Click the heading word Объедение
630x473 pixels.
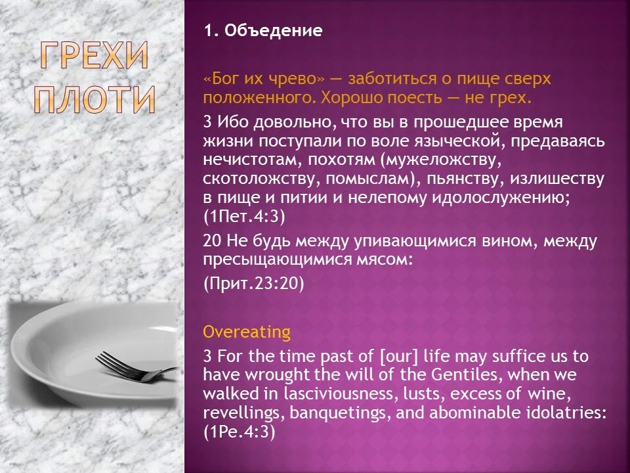(x=274, y=31)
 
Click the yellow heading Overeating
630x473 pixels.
(x=247, y=332)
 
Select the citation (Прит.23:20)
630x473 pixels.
(x=254, y=283)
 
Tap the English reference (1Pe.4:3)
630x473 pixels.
(x=239, y=432)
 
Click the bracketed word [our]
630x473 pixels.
(x=391, y=357)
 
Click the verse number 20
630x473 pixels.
(x=211, y=241)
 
